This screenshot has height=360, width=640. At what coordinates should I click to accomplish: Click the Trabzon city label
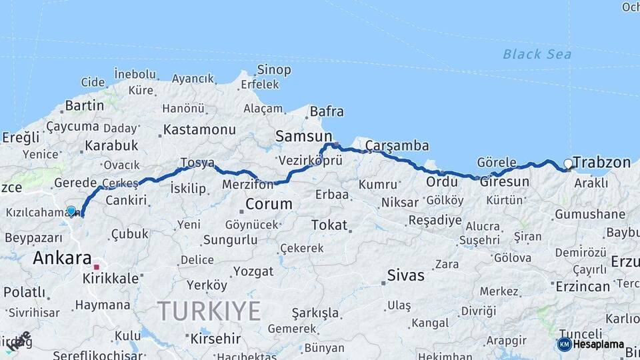(602, 162)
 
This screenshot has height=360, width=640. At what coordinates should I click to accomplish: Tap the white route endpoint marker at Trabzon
(568, 163)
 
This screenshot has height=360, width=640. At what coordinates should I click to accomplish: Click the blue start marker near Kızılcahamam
(71, 211)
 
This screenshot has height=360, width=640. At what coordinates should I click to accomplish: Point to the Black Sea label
(537, 54)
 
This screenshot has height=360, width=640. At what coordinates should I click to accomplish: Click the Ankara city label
(62, 258)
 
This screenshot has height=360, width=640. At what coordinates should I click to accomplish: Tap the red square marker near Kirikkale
(97, 267)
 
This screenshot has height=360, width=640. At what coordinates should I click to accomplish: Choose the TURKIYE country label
(209, 311)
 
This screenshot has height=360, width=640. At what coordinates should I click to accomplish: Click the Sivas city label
(405, 275)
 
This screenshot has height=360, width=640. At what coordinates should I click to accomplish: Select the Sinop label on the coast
(274, 69)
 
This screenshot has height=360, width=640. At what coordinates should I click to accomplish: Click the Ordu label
(442, 181)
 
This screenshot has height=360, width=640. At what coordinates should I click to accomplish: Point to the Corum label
(269, 204)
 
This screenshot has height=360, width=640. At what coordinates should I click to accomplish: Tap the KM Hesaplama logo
(591, 344)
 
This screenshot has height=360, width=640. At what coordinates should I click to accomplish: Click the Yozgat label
(254, 271)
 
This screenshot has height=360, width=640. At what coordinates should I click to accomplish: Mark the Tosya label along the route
(197, 163)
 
